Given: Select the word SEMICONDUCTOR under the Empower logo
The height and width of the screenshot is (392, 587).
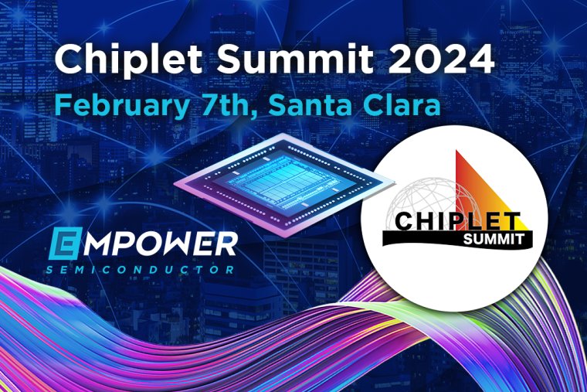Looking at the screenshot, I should [x=140, y=270].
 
